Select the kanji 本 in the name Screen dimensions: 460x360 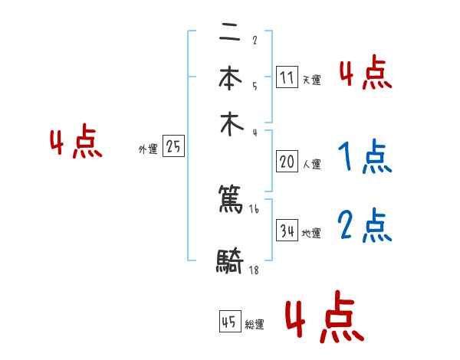tap(230, 80)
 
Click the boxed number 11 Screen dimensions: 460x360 tap(287, 77)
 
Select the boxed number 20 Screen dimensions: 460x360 tap(287, 162)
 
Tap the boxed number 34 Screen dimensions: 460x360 tap(287, 231)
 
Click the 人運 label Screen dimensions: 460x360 tap(311, 164)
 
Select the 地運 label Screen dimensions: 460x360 tap(311, 233)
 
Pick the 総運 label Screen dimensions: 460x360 tap(255, 325)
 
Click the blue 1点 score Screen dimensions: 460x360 tap(365, 157)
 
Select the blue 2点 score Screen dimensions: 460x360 tap(365, 226)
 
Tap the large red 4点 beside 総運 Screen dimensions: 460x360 tap(324, 316)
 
